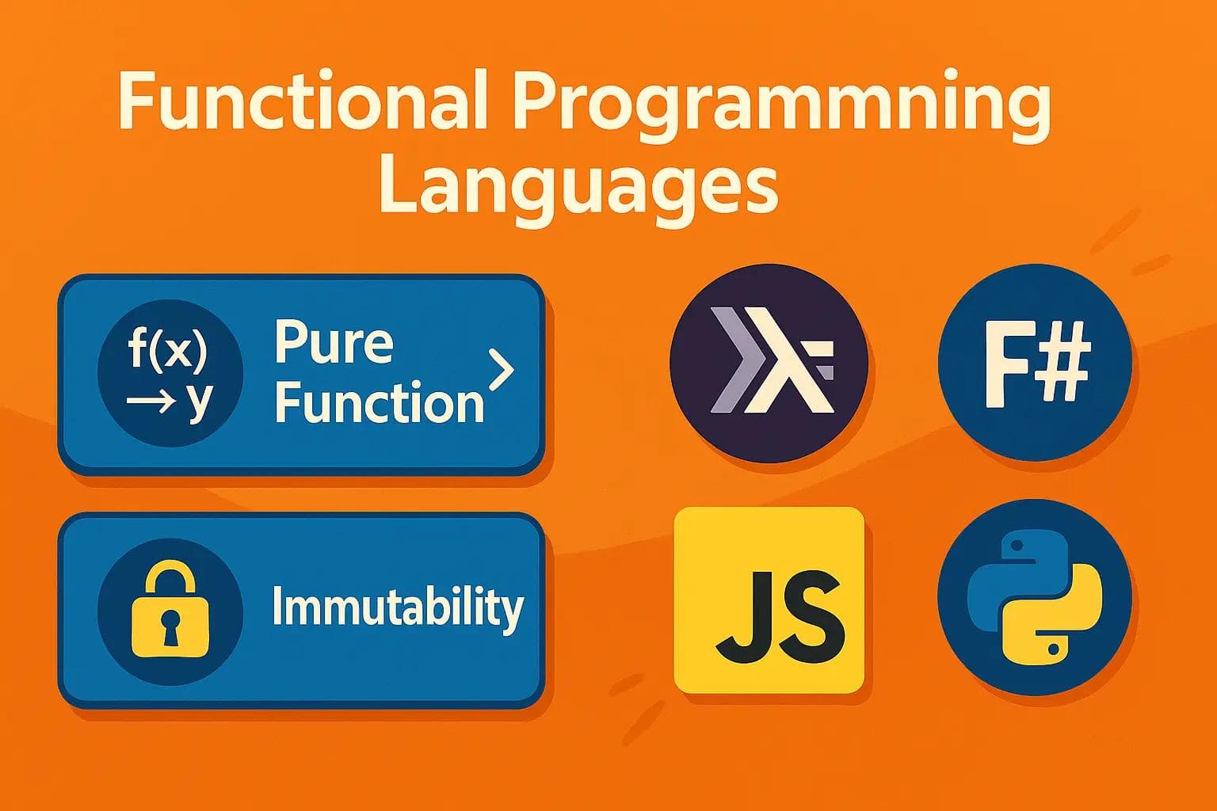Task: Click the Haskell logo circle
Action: [769, 364]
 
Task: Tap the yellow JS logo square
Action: [768, 600]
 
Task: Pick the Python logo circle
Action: [1034, 598]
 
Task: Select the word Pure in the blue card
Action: [334, 343]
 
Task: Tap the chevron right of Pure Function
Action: [502, 370]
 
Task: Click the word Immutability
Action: [398, 608]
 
